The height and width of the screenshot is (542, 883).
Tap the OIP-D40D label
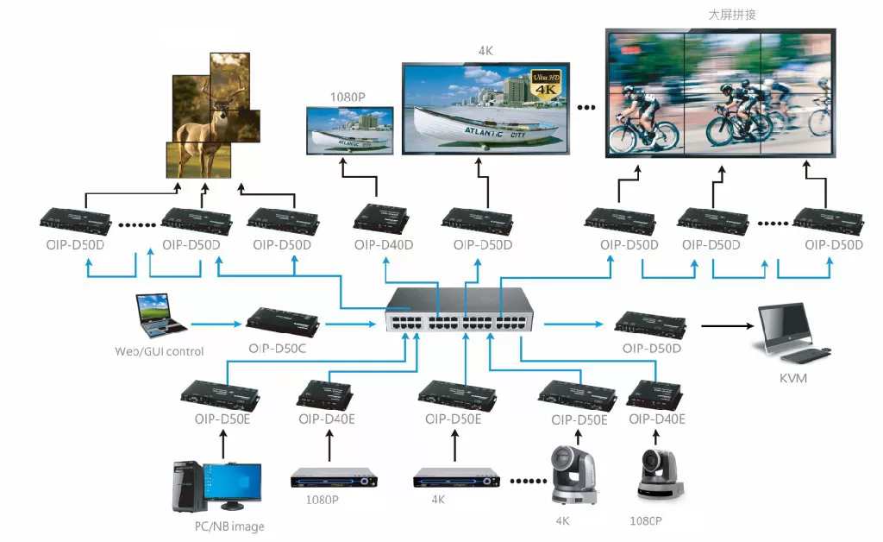383,245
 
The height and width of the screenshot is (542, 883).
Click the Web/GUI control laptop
160,315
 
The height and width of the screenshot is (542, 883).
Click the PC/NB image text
229,526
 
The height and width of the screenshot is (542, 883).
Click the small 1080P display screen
350,129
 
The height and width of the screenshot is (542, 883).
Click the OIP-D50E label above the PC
222,419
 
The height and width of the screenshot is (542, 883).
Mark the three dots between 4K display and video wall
586,108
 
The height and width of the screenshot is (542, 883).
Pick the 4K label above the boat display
485,50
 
